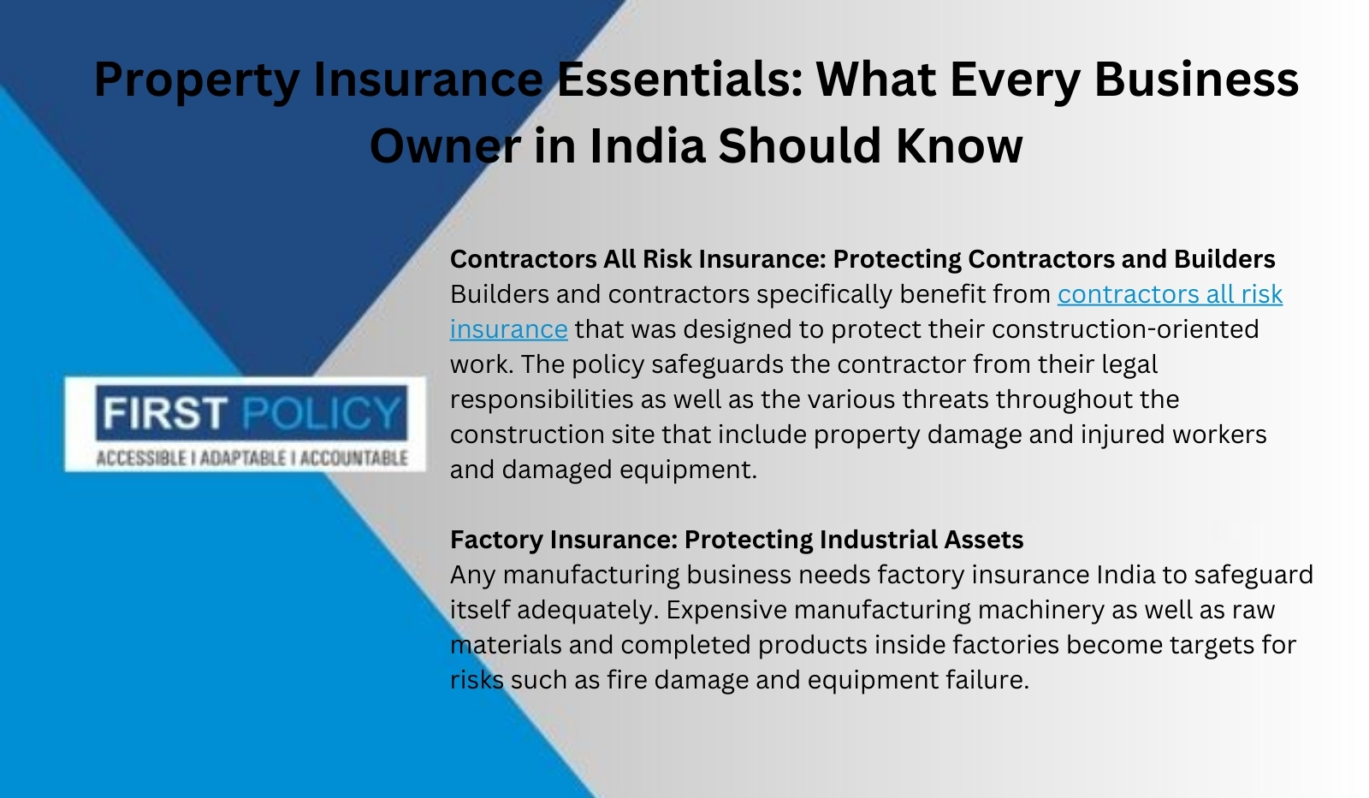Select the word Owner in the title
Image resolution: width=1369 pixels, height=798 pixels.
pos(445,146)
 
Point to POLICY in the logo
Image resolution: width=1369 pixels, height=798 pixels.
pos(322,412)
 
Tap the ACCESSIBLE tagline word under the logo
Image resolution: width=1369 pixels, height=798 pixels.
pos(141,458)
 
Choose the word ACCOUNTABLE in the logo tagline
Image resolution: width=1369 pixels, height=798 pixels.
pos(354,458)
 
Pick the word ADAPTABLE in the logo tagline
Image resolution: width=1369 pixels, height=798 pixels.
pos(243,458)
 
